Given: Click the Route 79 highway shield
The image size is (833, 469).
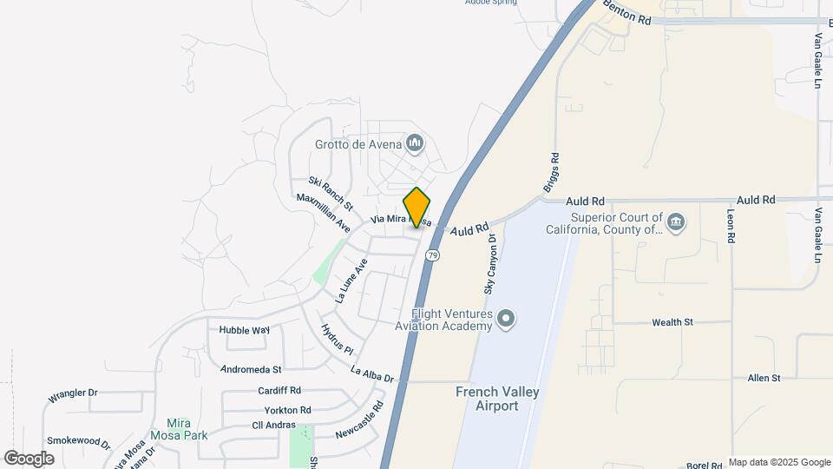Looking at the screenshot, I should click(433, 254).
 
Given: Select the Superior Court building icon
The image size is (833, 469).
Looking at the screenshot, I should click(677, 223).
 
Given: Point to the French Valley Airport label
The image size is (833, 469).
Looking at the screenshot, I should click(498, 399).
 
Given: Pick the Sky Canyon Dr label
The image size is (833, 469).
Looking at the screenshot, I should click(489, 263).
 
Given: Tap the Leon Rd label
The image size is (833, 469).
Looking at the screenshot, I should click(731, 225).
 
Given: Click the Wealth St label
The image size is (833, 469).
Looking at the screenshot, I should click(672, 322).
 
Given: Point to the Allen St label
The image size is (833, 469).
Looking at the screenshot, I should click(764, 378).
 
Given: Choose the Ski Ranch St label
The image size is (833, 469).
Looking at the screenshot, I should click(331, 194).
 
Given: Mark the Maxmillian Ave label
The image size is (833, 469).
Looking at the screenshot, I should click(323, 212).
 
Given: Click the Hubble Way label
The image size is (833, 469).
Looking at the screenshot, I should click(245, 330).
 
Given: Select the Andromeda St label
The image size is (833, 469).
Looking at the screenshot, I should click(253, 369).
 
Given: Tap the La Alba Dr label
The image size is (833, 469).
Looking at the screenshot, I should click(372, 374).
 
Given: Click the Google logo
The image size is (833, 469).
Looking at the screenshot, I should click(29, 458).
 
